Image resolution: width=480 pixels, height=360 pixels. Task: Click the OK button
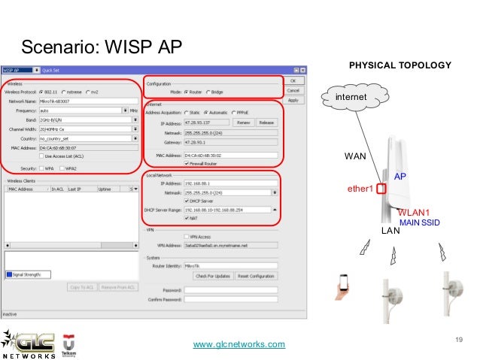pyautogui.click(x=293, y=80)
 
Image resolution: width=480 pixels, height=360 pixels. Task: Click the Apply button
pyautogui.click(x=293, y=100)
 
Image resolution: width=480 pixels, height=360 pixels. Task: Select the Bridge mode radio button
pyautogui.click(x=208, y=92)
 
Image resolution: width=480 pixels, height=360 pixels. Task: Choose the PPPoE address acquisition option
pyautogui.click(x=234, y=111)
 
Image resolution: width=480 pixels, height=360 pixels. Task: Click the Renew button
pyautogui.click(x=244, y=122)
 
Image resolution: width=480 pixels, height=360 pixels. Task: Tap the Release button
pyautogui.click(x=266, y=122)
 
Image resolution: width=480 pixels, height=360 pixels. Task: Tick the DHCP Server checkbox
pyautogui.click(x=187, y=201)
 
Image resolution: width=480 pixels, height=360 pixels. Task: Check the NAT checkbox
pyautogui.click(x=187, y=219)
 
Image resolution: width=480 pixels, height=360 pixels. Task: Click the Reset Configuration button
pyautogui.click(x=256, y=277)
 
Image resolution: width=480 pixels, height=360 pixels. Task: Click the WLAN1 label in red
pyautogui.click(x=413, y=213)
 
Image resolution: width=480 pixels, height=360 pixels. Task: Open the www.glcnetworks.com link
pyautogui.click(x=239, y=344)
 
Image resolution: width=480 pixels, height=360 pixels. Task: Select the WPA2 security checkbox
pyautogui.click(x=63, y=168)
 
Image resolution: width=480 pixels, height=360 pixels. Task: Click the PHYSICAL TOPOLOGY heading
pyautogui.click(x=400, y=66)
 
